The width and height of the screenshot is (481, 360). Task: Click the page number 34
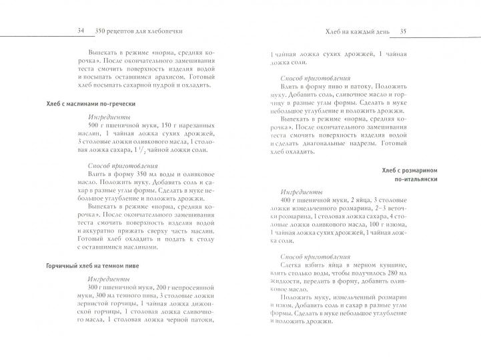pos(81,31)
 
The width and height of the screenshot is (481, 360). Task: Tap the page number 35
pos(404,31)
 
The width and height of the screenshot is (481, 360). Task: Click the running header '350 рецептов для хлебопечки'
pos(139,31)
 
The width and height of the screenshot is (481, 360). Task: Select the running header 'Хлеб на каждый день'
pos(354,31)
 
